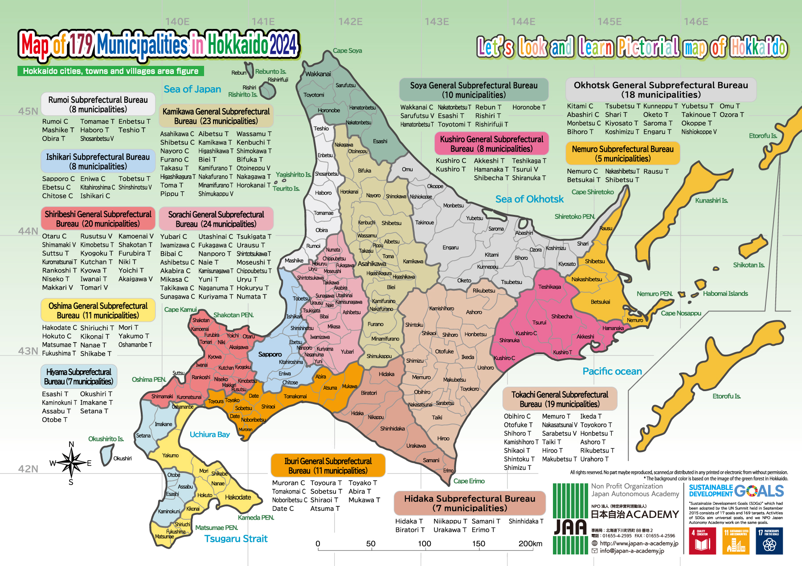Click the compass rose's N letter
[x=71, y=444]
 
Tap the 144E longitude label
[x=523, y=22]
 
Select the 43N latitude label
[x=28, y=351]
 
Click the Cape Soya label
[x=347, y=51]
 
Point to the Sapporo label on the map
[x=270, y=354]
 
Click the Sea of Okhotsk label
[x=529, y=199]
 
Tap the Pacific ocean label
[x=612, y=372]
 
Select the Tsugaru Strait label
[x=236, y=539]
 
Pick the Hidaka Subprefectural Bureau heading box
[x=470, y=503]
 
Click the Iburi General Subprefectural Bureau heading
[x=328, y=466]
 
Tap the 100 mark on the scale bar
[x=424, y=544]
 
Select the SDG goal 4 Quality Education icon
[x=702, y=541]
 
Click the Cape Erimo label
[x=469, y=481]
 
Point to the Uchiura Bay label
[x=209, y=434]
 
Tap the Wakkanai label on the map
[x=318, y=74]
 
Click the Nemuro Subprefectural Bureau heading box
[x=622, y=154]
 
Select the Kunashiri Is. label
[x=711, y=201]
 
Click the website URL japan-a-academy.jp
[x=639, y=543]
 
